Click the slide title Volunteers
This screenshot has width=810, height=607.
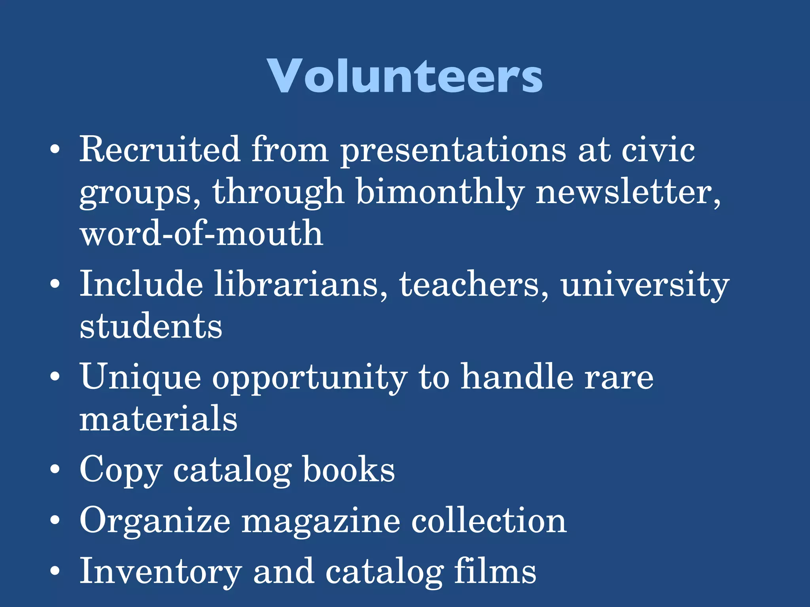pyautogui.click(x=405, y=76)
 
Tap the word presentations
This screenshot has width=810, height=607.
pyautogui.click(x=453, y=150)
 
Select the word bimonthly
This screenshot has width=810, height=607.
pyautogui.click(x=440, y=192)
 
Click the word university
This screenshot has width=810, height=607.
pyautogui.click(x=645, y=285)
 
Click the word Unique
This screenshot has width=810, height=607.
pyautogui.click(x=140, y=377)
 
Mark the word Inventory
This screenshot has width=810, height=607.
pyautogui.click(x=161, y=571)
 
